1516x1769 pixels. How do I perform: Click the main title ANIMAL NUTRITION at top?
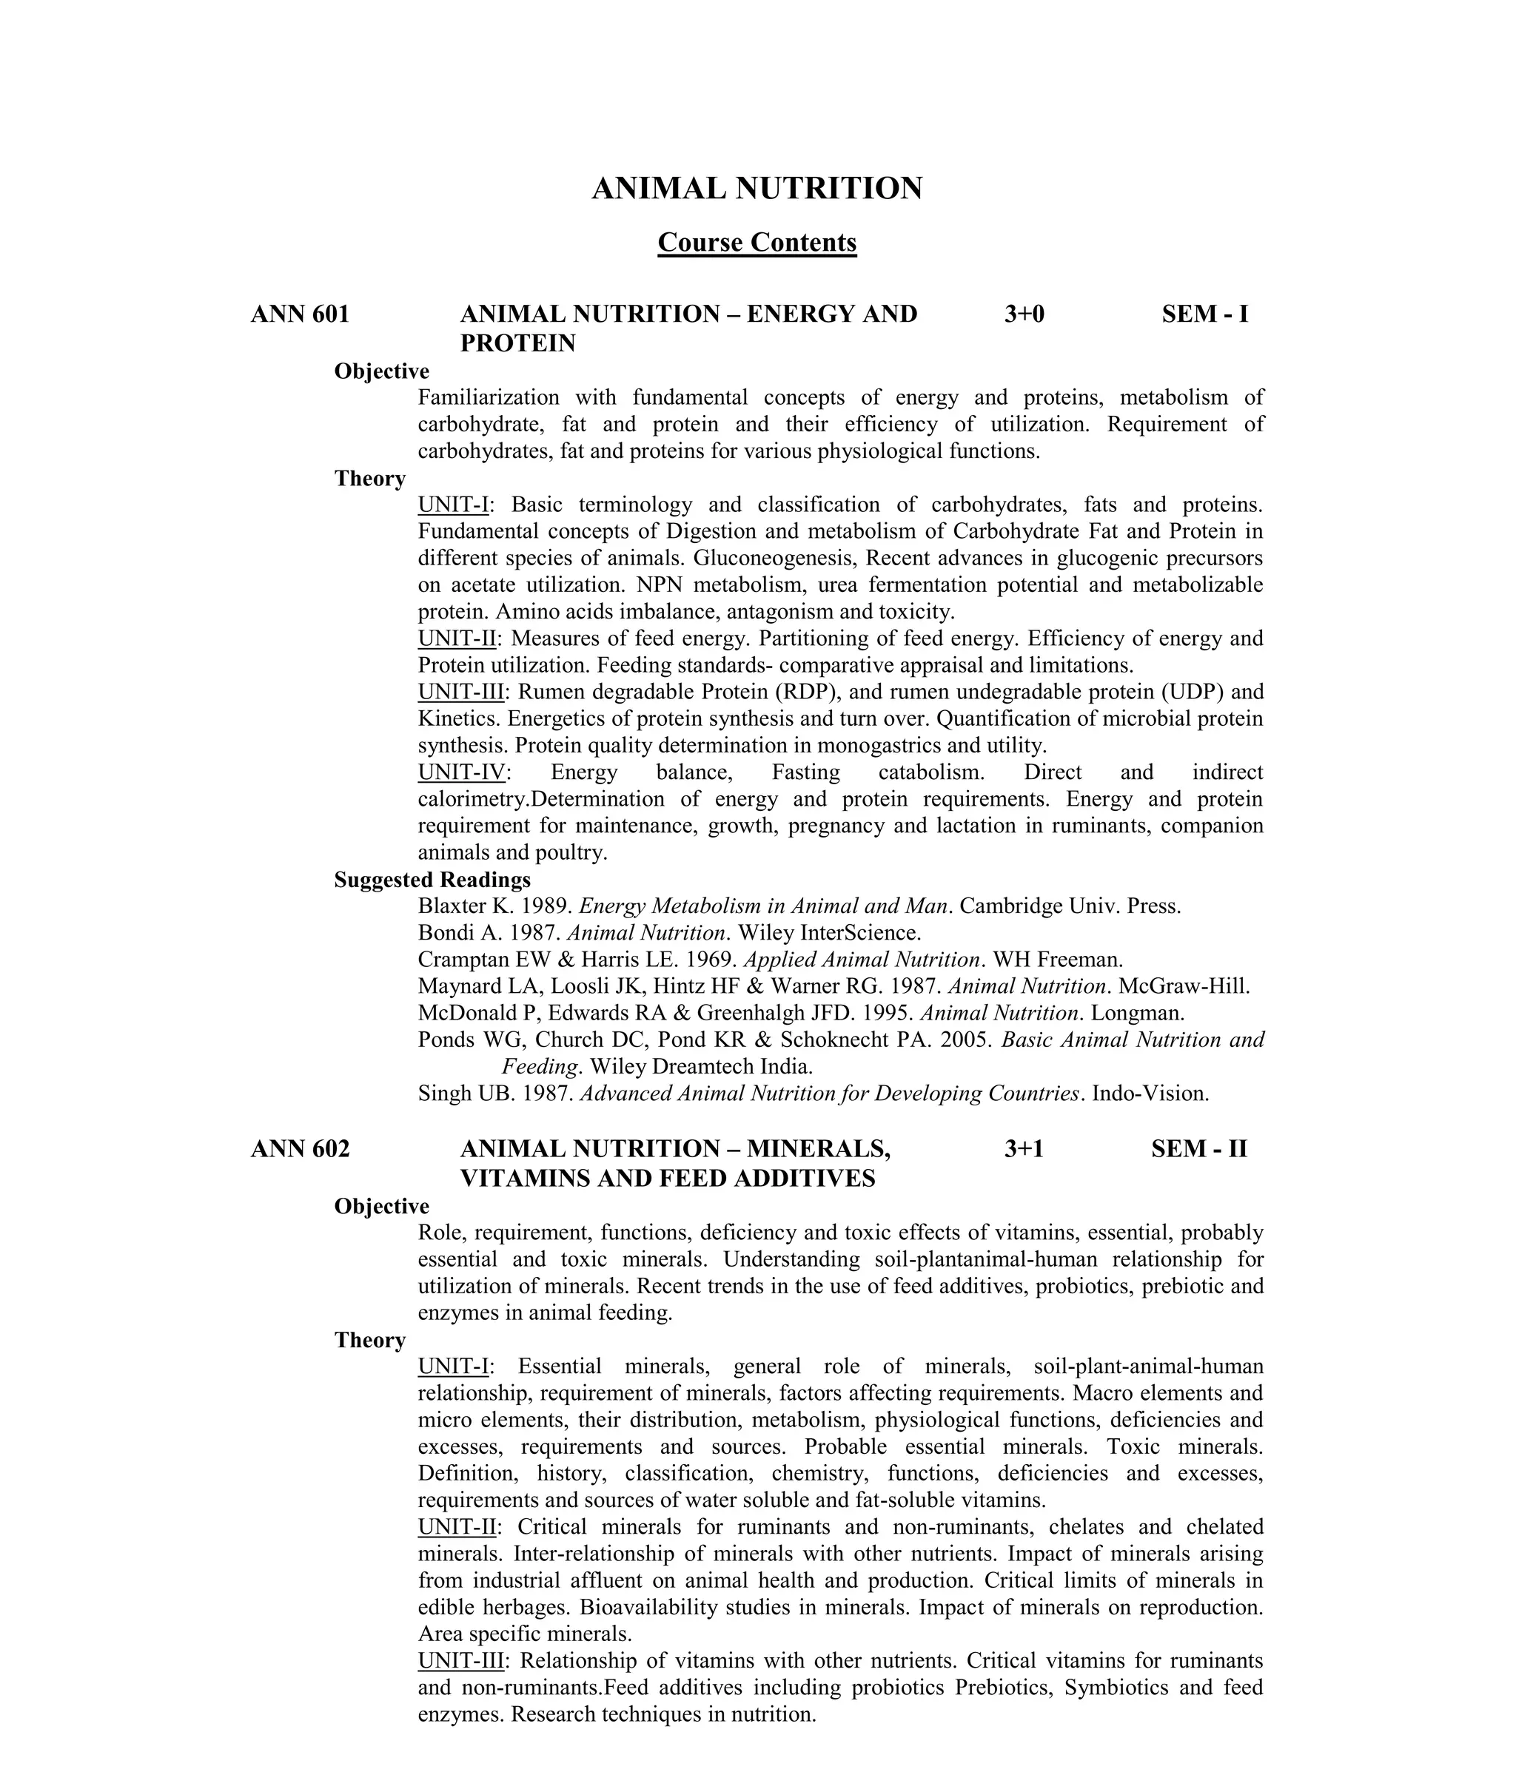click(757, 189)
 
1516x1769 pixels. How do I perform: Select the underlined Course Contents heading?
click(757, 243)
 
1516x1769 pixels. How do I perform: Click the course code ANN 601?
click(300, 314)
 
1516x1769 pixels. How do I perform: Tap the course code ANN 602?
click(300, 1149)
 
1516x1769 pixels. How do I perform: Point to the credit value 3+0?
click(1024, 314)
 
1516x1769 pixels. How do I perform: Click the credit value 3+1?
click(1024, 1149)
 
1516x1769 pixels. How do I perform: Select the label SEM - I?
click(1204, 314)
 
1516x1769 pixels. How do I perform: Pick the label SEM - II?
click(1198, 1149)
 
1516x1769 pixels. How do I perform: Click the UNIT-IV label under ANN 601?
click(461, 772)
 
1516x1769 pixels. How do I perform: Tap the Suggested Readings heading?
click(432, 880)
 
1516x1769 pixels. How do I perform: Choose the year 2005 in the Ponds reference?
click(966, 1040)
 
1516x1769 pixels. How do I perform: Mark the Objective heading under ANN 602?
click(382, 1207)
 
